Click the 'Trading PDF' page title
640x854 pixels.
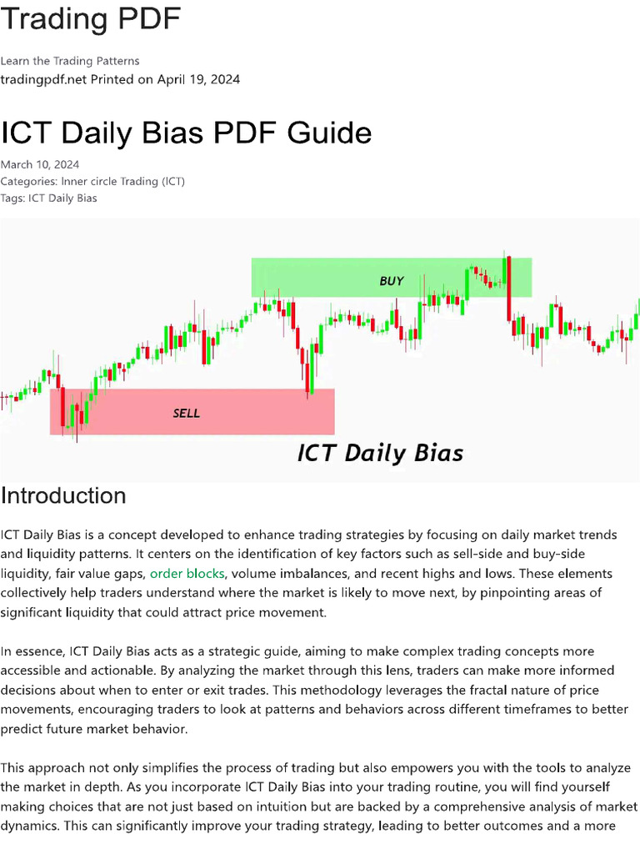tap(90, 18)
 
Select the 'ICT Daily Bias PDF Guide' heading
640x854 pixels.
tap(186, 133)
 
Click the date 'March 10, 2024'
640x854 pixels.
tap(40, 164)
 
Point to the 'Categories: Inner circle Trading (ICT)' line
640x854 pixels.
tap(92, 181)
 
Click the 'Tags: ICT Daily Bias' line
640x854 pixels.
tap(48, 198)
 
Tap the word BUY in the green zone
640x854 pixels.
tap(392, 281)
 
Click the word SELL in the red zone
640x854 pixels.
tap(186, 413)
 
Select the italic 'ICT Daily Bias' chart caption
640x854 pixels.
tap(380, 453)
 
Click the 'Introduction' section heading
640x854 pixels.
tap(63, 495)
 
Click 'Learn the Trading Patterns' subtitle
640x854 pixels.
tap(70, 61)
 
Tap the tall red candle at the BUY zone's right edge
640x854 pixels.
tap(507, 288)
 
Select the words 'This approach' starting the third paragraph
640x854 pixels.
tap(43, 767)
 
